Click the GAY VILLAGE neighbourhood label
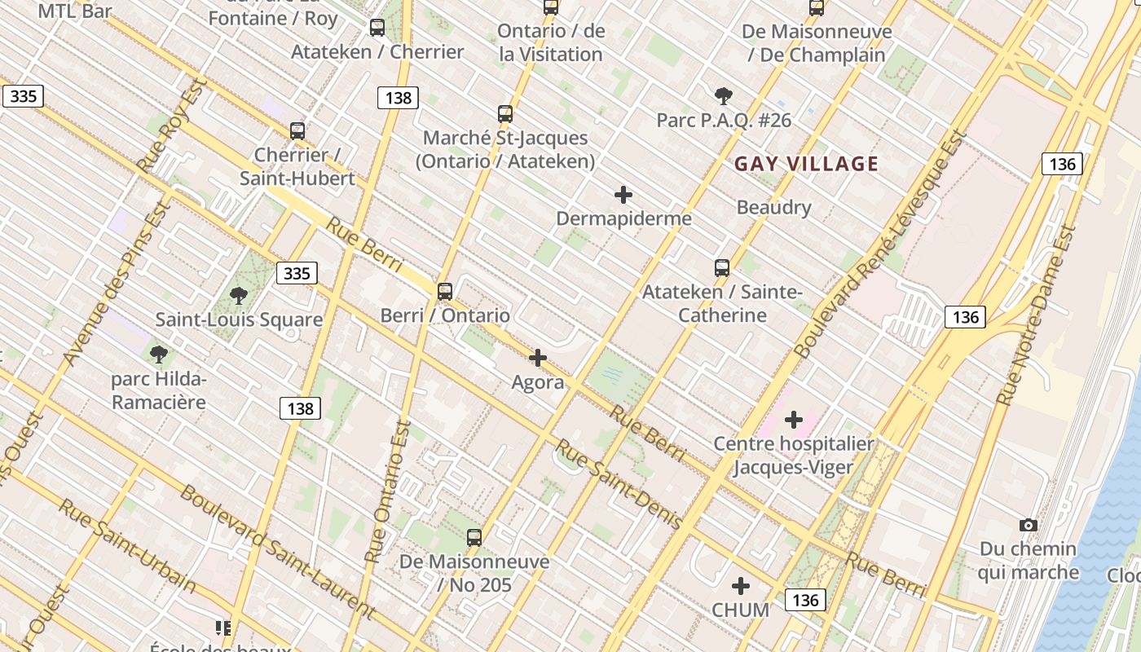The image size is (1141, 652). click(806, 164)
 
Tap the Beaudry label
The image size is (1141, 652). click(773, 207)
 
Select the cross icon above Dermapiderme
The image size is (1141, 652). click(623, 195)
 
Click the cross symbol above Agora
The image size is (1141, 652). click(538, 358)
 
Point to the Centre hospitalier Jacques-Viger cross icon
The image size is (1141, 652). click(794, 421)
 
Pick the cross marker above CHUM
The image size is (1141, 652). click(741, 586)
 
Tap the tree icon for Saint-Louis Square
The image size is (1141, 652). click(239, 296)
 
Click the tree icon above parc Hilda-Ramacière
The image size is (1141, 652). click(159, 355)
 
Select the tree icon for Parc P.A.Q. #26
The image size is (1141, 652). click(723, 96)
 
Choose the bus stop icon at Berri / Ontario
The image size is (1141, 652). click(445, 291)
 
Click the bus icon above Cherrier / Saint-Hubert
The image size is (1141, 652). click(297, 130)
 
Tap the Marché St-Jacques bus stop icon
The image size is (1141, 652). click(505, 114)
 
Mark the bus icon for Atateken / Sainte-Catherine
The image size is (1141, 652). click(722, 267)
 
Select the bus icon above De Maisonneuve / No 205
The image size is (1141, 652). click(474, 537)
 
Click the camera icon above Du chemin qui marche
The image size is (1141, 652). click(1029, 526)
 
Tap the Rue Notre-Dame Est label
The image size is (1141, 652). click(1037, 315)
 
